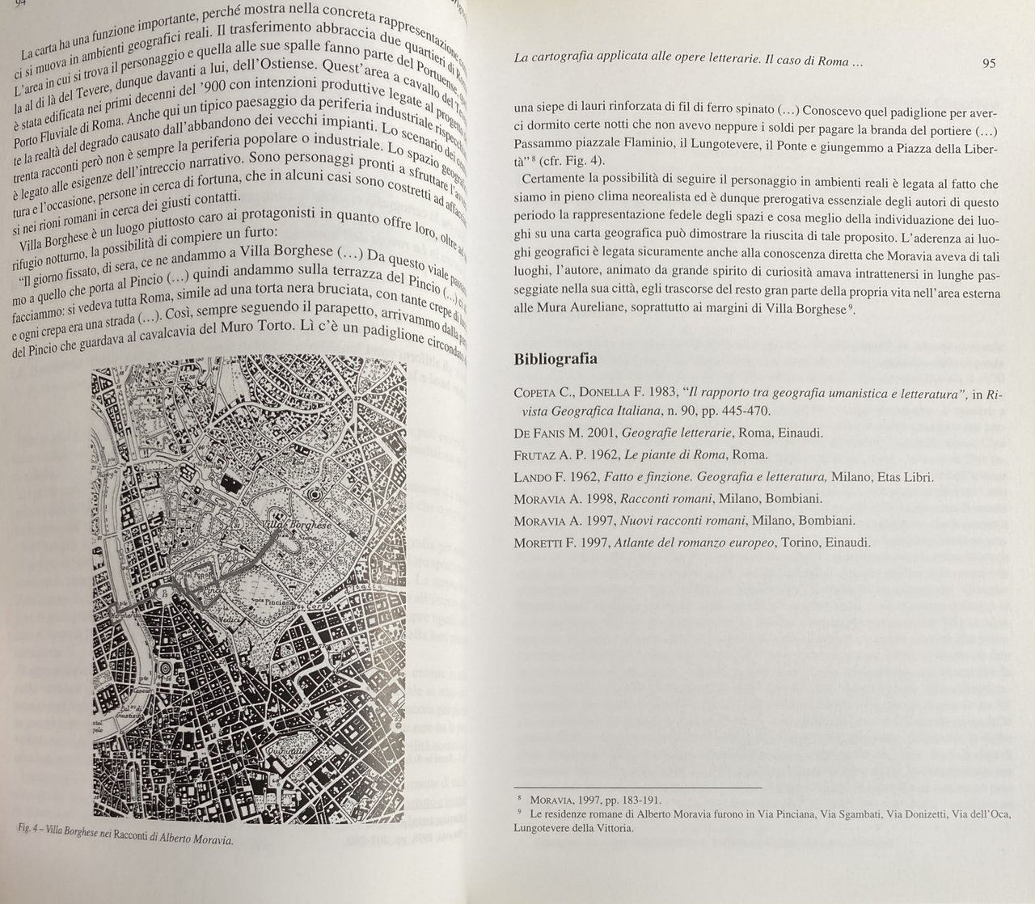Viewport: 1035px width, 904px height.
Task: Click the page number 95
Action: pyautogui.click(x=989, y=64)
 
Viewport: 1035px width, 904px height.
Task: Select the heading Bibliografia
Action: pyautogui.click(x=556, y=359)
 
